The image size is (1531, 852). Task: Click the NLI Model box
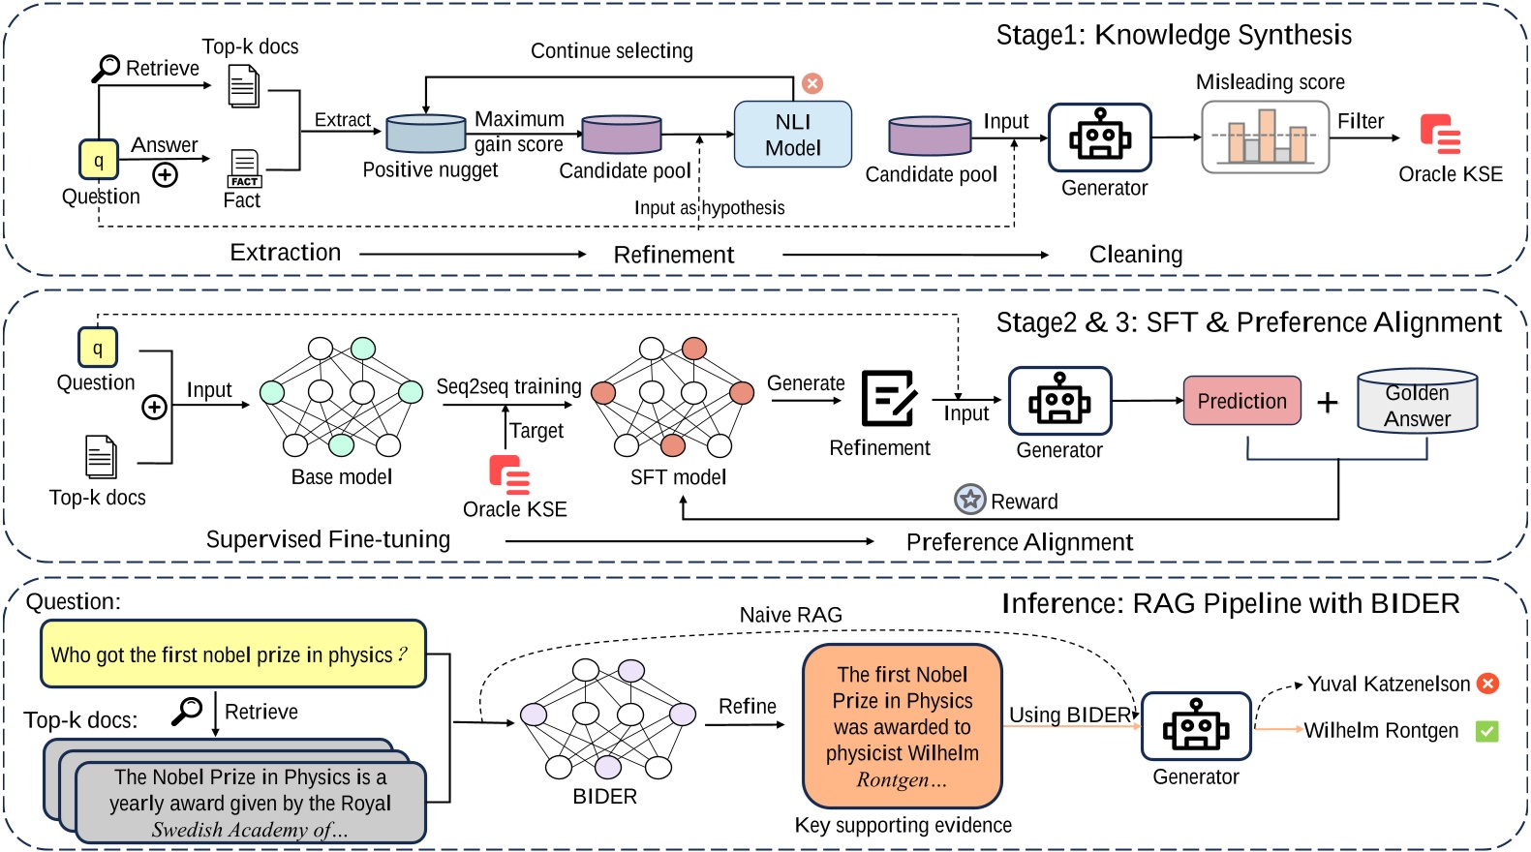pyautogui.click(x=792, y=135)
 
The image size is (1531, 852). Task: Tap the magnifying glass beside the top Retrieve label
pyautogui.click(x=106, y=68)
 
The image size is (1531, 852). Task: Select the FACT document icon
pyautogui.click(x=244, y=167)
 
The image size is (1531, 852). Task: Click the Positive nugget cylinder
pyautogui.click(x=426, y=134)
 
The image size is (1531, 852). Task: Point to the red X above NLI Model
pyautogui.click(x=812, y=83)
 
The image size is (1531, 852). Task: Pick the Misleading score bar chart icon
pyautogui.click(x=1265, y=137)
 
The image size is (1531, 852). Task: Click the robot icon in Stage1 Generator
pyautogui.click(x=1099, y=137)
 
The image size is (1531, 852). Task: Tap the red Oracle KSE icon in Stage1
pyautogui.click(x=1440, y=135)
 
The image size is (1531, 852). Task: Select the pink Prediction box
pyautogui.click(x=1241, y=401)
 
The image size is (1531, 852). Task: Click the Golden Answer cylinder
pyautogui.click(x=1417, y=401)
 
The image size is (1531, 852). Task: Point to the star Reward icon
pyautogui.click(x=969, y=500)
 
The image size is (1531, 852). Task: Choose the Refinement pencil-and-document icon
pyautogui.click(x=888, y=398)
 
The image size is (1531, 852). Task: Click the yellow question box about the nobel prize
pyautogui.click(x=232, y=654)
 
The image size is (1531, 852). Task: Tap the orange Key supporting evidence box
pyautogui.click(x=902, y=726)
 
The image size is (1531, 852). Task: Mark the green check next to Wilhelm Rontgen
pyautogui.click(x=1486, y=731)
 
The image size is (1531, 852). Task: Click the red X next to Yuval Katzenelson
pyautogui.click(x=1488, y=684)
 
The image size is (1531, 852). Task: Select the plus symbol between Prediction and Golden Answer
pyautogui.click(x=1328, y=402)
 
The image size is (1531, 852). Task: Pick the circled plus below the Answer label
pyautogui.click(x=166, y=175)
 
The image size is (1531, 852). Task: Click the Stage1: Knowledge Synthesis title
pyautogui.click(x=1174, y=35)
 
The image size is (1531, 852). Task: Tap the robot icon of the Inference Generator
pyautogui.click(x=1196, y=726)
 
